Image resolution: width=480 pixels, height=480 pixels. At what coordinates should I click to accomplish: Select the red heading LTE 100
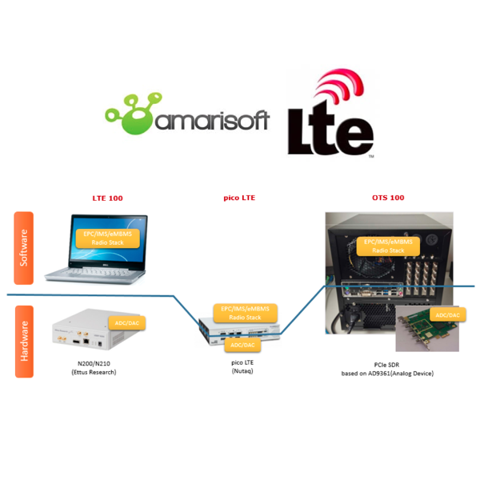108,197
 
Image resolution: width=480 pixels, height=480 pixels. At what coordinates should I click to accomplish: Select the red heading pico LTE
239,197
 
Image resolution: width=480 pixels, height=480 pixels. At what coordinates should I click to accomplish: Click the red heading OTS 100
389,197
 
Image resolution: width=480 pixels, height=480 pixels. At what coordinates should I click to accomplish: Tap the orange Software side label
24,247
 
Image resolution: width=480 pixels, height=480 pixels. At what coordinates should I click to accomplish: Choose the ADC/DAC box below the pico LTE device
239,345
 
